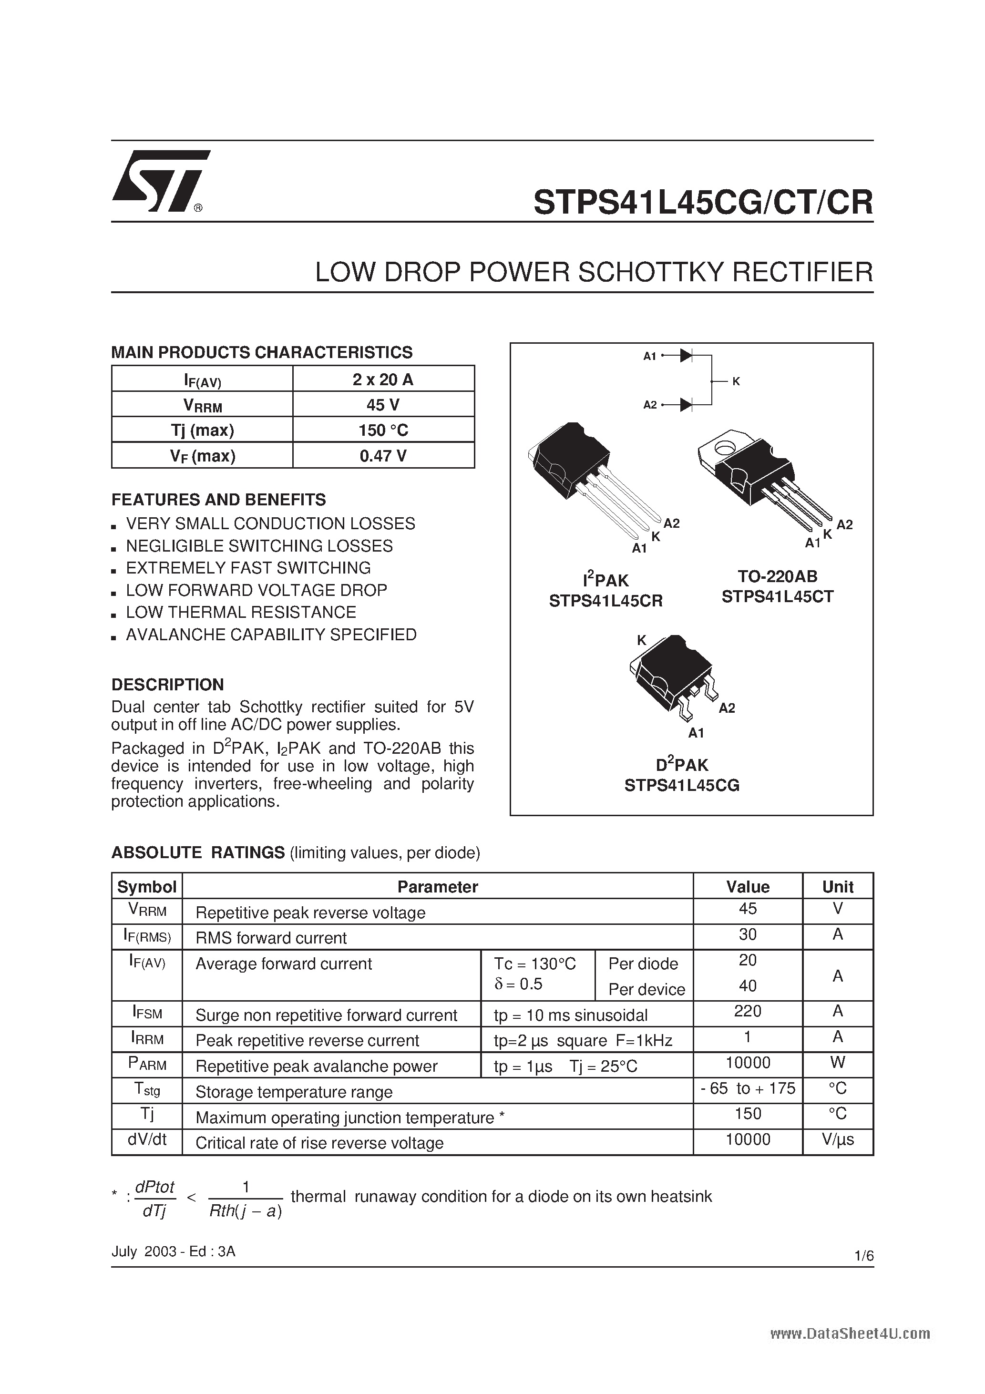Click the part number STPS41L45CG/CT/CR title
[x=703, y=202]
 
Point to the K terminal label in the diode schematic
[x=736, y=381]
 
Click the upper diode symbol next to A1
[x=686, y=356]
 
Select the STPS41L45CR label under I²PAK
[x=605, y=601]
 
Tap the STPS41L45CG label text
[x=681, y=786]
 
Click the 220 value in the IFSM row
[x=747, y=1011]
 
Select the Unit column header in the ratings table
[x=837, y=886]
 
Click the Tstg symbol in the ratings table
[x=146, y=1089]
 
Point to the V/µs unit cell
[x=837, y=1139]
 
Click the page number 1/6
[x=863, y=1256]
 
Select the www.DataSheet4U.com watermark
[x=850, y=1333]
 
